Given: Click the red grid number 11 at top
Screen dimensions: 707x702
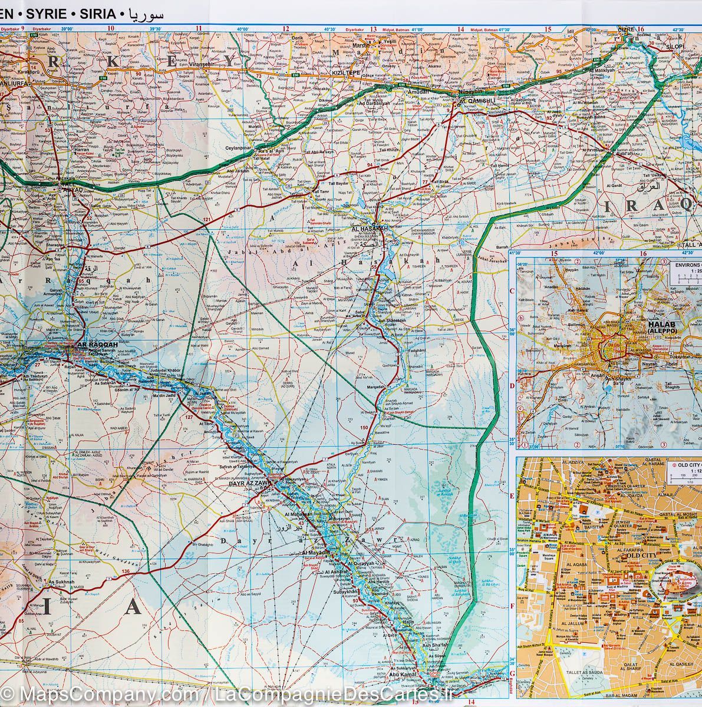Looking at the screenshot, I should pos(199,28).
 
